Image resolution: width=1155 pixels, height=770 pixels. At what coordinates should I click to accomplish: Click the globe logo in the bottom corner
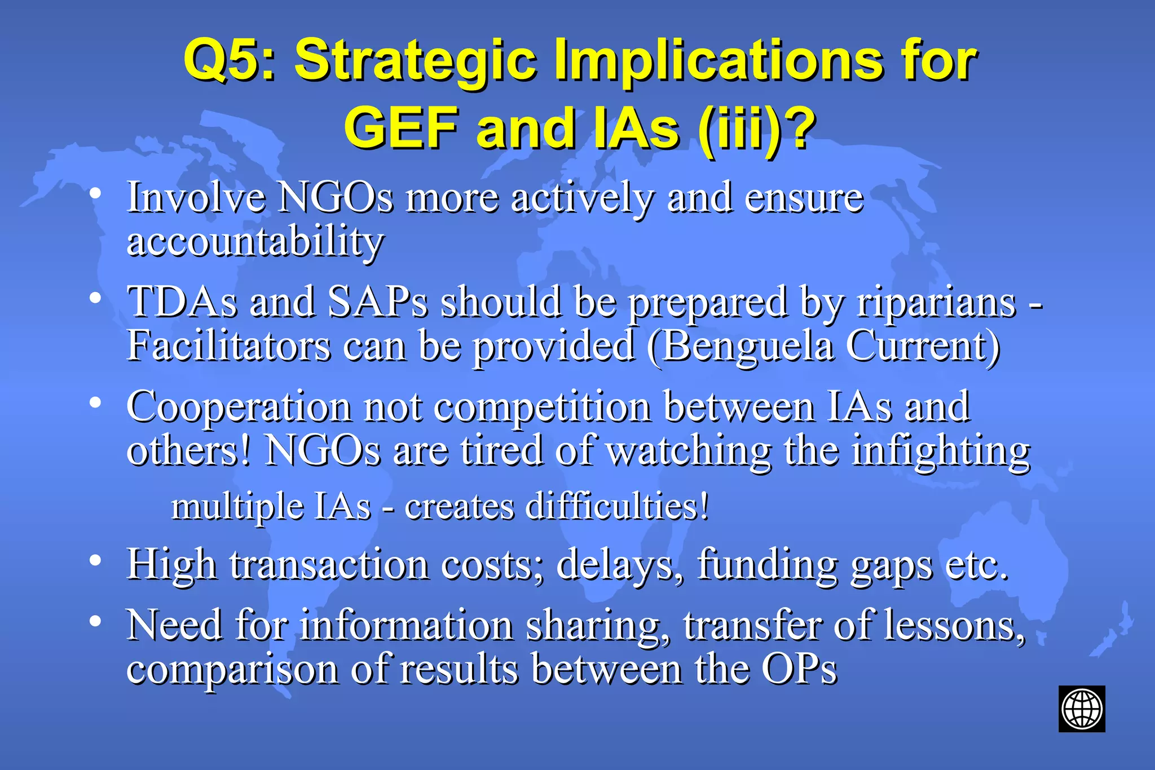1081,709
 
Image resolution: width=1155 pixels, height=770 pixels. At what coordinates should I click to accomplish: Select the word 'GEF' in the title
400,129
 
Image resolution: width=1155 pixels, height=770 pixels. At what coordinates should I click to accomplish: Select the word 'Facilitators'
228,345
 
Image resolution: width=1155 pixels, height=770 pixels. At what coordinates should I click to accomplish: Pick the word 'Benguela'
747,346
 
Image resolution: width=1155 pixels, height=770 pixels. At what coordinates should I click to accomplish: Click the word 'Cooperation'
239,408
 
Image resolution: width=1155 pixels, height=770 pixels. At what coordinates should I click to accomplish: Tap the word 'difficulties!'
616,506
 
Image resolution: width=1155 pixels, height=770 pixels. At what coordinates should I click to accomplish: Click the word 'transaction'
329,564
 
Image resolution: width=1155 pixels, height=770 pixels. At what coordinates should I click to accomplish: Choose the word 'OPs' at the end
799,669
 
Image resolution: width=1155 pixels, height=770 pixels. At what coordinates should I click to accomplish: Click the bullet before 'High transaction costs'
95,560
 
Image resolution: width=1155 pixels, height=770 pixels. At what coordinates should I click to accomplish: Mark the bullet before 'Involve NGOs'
95,193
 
